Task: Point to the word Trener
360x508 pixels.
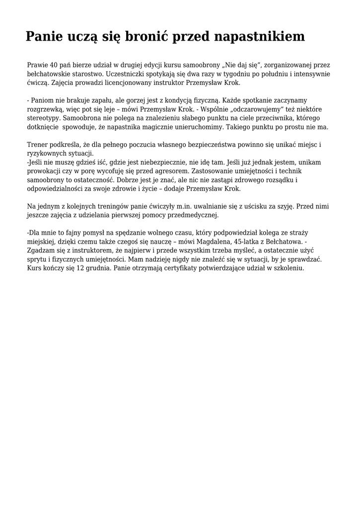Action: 37,144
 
